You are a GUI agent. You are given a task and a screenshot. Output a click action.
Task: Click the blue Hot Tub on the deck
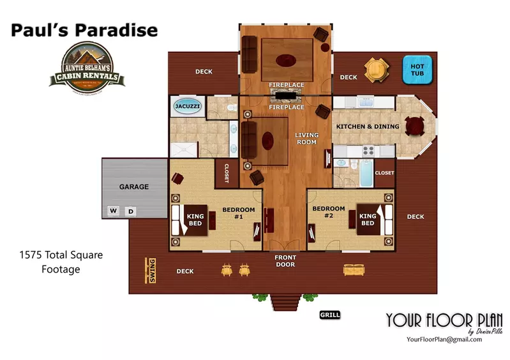pos(416,70)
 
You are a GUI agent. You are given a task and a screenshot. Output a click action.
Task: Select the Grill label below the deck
pos(330,315)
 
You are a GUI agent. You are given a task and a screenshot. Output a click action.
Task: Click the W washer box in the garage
pos(114,211)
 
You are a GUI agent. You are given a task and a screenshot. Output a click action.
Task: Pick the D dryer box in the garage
pos(130,211)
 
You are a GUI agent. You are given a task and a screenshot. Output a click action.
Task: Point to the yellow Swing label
pos(151,271)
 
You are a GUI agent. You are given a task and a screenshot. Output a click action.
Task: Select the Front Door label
pos(285,260)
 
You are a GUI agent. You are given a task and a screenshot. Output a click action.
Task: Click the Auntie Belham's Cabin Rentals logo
pos(87,65)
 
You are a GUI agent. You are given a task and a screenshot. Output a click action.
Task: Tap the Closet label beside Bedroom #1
pos(226,172)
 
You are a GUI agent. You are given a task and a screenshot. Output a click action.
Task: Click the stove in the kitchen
pos(369,151)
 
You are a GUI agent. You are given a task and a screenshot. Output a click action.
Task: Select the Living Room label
pos(306,139)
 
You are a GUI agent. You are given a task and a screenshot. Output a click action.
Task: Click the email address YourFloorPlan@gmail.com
pos(444,340)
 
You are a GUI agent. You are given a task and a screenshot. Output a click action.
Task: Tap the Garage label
pos(134,187)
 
